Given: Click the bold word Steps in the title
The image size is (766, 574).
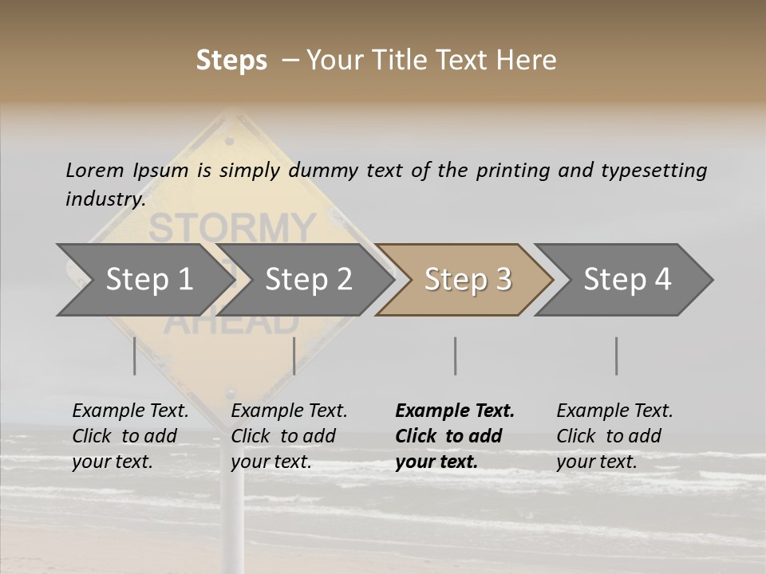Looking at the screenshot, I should (231, 61).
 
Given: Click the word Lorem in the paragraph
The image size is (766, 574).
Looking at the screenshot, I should (94, 170).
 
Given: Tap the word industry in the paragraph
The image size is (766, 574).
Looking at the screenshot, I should (105, 199).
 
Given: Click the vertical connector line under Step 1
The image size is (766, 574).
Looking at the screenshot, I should (135, 356).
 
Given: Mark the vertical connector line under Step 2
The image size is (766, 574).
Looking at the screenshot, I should (294, 356).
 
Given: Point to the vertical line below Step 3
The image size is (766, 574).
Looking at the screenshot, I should (455, 356).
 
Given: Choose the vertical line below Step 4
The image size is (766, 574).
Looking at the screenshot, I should (616, 356).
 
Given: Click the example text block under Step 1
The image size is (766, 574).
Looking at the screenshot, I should (130, 436).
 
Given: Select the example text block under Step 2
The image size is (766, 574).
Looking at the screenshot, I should (289, 436).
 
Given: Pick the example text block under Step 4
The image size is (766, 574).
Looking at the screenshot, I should (614, 436).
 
